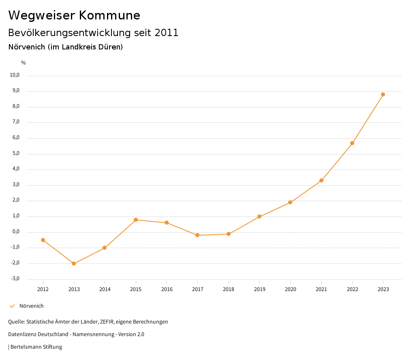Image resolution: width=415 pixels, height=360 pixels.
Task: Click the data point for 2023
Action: tap(383, 94)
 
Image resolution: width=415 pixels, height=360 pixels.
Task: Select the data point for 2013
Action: tap(74, 264)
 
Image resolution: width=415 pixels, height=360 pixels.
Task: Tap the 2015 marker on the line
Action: tap(136, 220)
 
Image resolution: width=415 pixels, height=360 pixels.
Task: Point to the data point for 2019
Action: tap(259, 216)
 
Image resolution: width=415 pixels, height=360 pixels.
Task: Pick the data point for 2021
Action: tap(321, 180)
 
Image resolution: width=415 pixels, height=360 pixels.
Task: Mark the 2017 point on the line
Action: tap(197, 235)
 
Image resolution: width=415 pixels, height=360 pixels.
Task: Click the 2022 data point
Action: tap(352, 143)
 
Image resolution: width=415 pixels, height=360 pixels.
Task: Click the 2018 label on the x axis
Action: tap(229, 289)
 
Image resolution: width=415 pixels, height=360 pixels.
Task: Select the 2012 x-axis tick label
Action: tap(43, 289)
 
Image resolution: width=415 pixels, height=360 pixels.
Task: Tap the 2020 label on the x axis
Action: tap(291, 289)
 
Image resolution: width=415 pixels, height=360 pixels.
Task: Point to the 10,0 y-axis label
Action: tap(15, 75)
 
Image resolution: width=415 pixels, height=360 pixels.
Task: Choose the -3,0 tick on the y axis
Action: tap(15, 279)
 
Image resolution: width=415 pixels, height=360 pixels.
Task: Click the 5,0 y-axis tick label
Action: tap(15, 154)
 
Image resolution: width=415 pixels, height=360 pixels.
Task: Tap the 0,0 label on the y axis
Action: tap(15, 232)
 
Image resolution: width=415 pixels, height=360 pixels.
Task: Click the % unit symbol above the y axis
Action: tap(24, 63)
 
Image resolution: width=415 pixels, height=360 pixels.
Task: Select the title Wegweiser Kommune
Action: tap(74, 15)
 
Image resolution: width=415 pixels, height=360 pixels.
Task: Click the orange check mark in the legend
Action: tap(12, 306)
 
